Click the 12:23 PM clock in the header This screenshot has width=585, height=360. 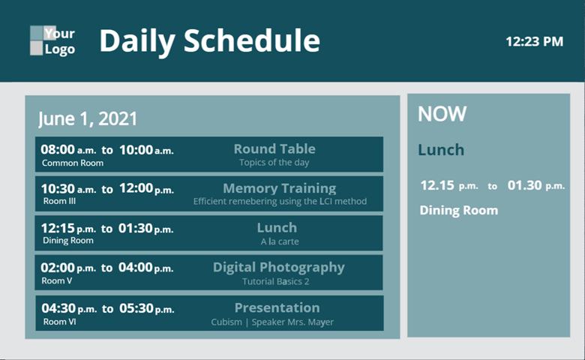coord(534,41)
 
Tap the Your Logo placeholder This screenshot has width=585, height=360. coord(52,40)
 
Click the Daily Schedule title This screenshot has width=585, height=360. coord(210,41)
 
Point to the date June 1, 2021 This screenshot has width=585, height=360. coord(88,118)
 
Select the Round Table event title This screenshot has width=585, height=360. coord(274,148)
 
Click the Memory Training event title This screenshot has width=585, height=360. coord(280,188)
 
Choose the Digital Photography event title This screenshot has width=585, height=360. coord(279,268)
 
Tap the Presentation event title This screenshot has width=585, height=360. coord(277,307)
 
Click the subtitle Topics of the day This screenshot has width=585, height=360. coord(274,163)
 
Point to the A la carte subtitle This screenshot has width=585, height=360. coord(280,241)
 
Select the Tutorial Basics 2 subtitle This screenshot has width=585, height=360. coord(276,281)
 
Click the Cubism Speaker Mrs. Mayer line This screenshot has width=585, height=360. coord(272,322)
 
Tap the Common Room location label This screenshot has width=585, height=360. coord(73,163)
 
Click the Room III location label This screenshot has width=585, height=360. coord(60,201)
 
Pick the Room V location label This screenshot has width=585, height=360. coord(57,280)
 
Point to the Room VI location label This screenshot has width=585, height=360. coord(60,322)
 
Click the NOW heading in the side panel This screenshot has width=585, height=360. coord(442,114)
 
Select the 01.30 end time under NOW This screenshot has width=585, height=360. coord(524,185)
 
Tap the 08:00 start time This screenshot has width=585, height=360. coord(58,149)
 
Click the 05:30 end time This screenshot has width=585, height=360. coord(136,308)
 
